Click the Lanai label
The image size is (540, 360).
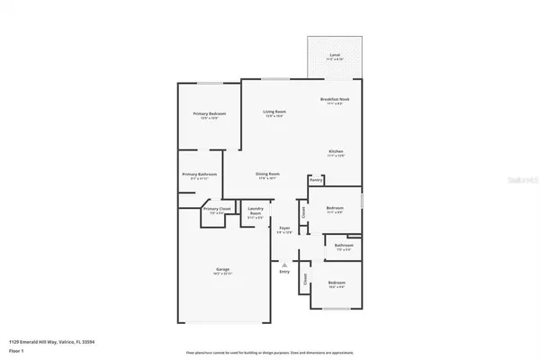tap(335, 55)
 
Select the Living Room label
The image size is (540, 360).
tap(274, 112)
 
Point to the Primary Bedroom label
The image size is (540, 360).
tap(209, 113)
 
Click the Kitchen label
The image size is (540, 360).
tap(336, 150)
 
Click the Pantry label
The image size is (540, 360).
tap(316, 180)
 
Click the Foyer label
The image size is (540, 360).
tap(284, 229)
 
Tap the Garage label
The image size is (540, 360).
tap(222, 269)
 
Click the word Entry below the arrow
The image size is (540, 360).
tap(284, 271)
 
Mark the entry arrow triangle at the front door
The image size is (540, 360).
tap(284, 265)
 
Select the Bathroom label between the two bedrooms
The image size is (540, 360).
tap(343, 245)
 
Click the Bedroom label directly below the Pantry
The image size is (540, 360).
tap(335, 207)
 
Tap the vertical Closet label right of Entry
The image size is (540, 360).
tap(304, 279)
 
